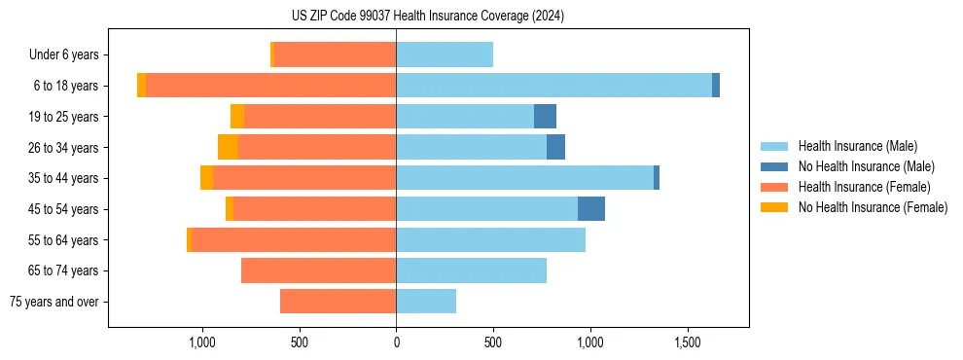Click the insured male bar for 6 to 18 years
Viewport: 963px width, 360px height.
[x=553, y=86]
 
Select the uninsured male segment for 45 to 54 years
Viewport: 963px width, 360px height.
[x=591, y=209]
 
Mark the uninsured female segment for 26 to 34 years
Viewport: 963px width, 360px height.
[x=228, y=147]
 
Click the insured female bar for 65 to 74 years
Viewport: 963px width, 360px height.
[x=318, y=270]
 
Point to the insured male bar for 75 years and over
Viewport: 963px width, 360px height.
[x=426, y=302]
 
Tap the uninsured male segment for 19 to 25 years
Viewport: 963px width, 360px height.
[x=545, y=117]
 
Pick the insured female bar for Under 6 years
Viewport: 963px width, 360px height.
[x=335, y=55]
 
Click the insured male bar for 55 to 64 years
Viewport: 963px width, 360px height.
[x=490, y=239]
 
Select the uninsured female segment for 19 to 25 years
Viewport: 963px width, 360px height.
[x=237, y=117]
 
